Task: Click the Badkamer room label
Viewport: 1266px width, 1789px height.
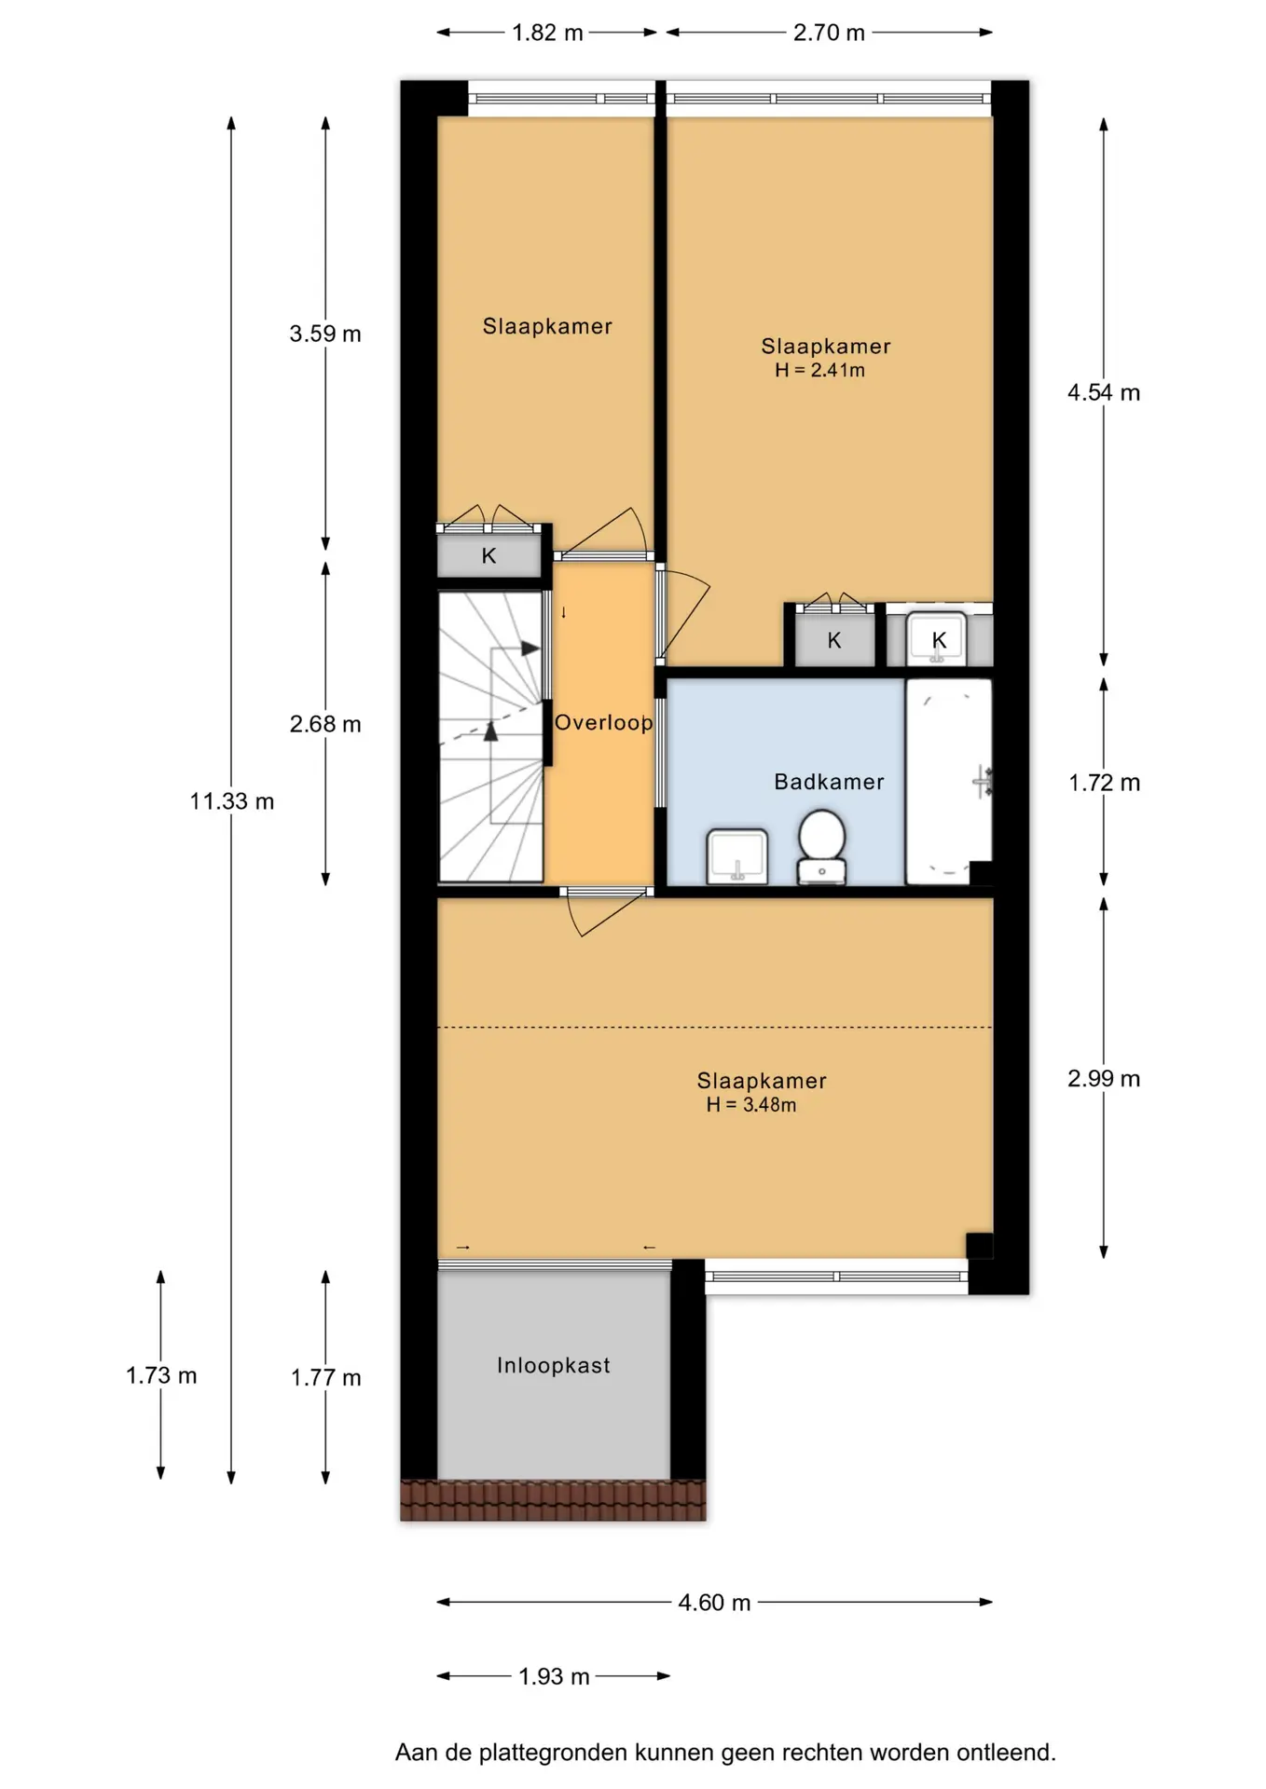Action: click(x=829, y=782)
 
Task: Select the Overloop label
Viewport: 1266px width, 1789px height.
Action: click(x=604, y=722)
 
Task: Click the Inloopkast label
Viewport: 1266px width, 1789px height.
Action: click(x=553, y=1365)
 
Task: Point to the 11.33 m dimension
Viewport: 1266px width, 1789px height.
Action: click(x=232, y=801)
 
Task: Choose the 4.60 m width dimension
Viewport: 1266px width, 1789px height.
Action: click(x=714, y=1603)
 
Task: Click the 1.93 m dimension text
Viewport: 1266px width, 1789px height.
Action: click(x=554, y=1676)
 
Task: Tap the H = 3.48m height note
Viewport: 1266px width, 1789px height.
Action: click(x=751, y=1105)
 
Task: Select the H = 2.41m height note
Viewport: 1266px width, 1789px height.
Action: click(x=819, y=370)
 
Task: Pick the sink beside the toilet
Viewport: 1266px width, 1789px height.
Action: click(x=737, y=856)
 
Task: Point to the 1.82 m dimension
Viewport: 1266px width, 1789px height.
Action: click(x=547, y=33)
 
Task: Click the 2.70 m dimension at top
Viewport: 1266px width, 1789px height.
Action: click(x=829, y=33)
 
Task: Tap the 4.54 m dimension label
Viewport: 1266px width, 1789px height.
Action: click(x=1104, y=392)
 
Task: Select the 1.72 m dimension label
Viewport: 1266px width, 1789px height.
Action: click(x=1104, y=783)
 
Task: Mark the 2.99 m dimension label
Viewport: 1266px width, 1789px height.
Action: click(x=1104, y=1078)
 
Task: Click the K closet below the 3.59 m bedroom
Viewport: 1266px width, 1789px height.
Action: click(x=489, y=555)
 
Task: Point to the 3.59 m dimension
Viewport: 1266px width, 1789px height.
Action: click(x=325, y=334)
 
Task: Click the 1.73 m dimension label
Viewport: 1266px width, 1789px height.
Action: click(x=161, y=1375)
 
